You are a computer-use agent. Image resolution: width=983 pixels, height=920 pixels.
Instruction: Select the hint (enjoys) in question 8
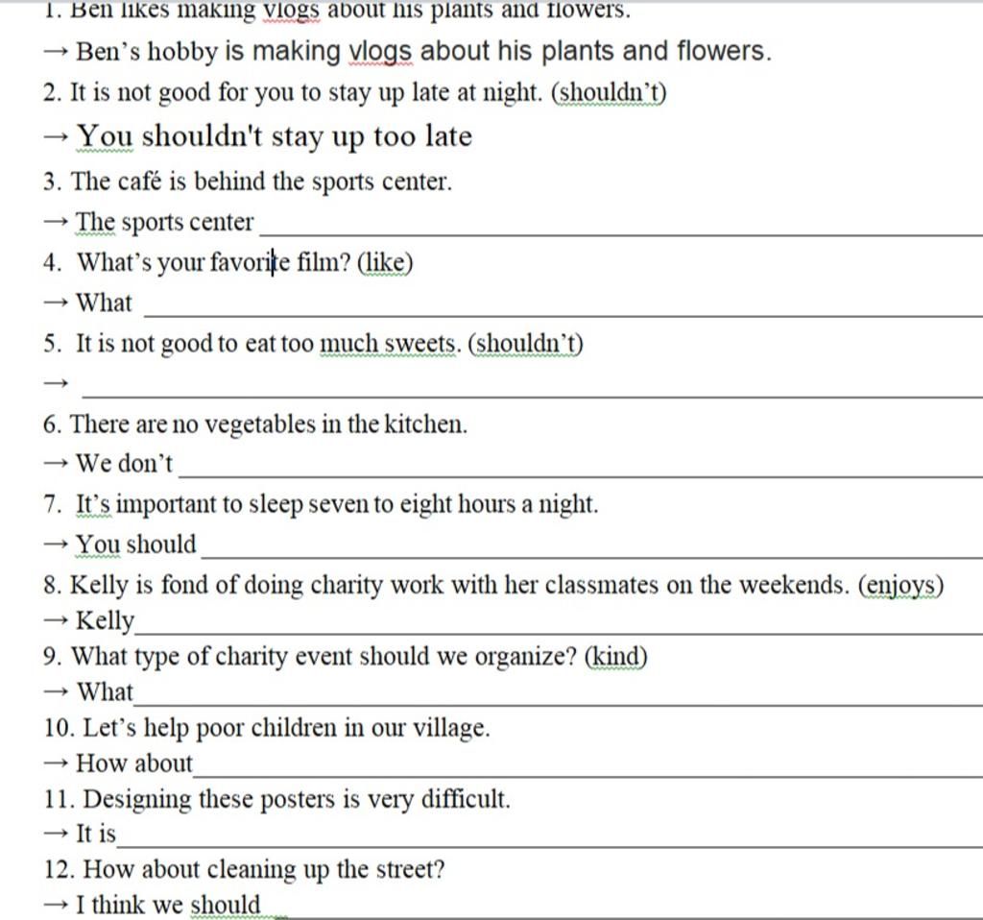pos(899,585)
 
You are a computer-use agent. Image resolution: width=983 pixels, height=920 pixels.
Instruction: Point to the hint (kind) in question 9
pos(616,657)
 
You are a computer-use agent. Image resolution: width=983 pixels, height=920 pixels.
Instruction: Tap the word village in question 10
pos(450,728)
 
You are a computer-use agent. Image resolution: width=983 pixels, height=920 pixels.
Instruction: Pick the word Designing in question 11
pos(137,799)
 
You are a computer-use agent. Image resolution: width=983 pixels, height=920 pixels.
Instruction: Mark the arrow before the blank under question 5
pos(57,384)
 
